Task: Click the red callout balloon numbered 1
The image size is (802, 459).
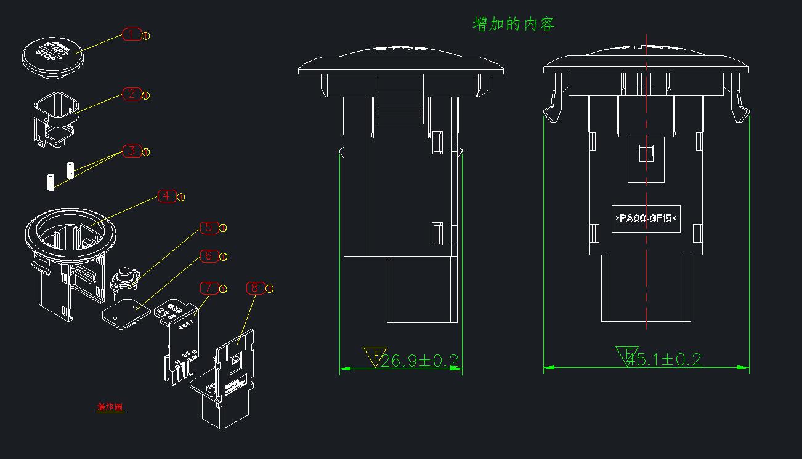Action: tap(132, 34)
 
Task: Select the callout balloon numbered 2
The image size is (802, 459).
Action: tap(132, 94)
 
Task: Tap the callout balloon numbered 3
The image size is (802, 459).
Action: tap(132, 151)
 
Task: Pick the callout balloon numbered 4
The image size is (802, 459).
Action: tap(167, 196)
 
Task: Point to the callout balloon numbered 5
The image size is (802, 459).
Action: tap(209, 228)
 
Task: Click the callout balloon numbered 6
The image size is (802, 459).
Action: tap(209, 256)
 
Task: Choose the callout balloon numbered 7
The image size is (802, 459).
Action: tap(209, 288)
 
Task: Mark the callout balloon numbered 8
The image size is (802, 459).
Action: tap(255, 288)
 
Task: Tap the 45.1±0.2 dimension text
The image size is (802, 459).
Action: tap(662, 359)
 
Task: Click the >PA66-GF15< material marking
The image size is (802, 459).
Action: tap(646, 218)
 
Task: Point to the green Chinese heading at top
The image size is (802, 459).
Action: tap(514, 24)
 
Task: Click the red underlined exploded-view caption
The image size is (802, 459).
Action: tap(110, 407)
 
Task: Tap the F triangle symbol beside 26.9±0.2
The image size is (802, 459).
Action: tap(374, 356)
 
